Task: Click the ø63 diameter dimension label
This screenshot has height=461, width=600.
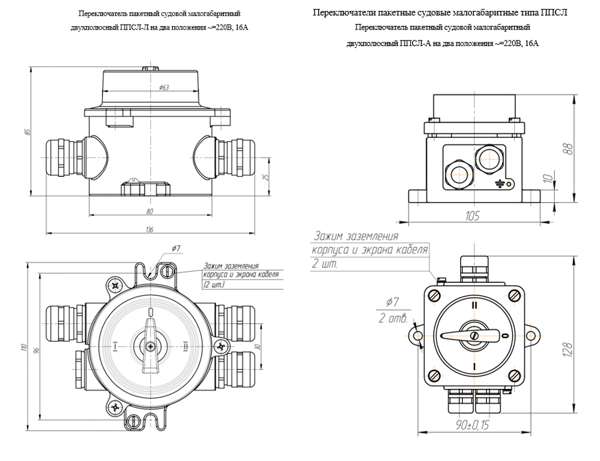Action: tap(164, 88)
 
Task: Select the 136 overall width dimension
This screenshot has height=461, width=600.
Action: tap(149, 229)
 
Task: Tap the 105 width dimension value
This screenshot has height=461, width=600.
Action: tap(472, 216)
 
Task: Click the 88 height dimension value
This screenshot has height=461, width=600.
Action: tap(567, 149)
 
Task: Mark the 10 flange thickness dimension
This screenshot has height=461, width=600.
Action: tap(547, 179)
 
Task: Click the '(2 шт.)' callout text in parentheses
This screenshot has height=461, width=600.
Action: tap(215, 283)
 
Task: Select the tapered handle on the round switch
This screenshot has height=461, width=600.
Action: tap(149, 356)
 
